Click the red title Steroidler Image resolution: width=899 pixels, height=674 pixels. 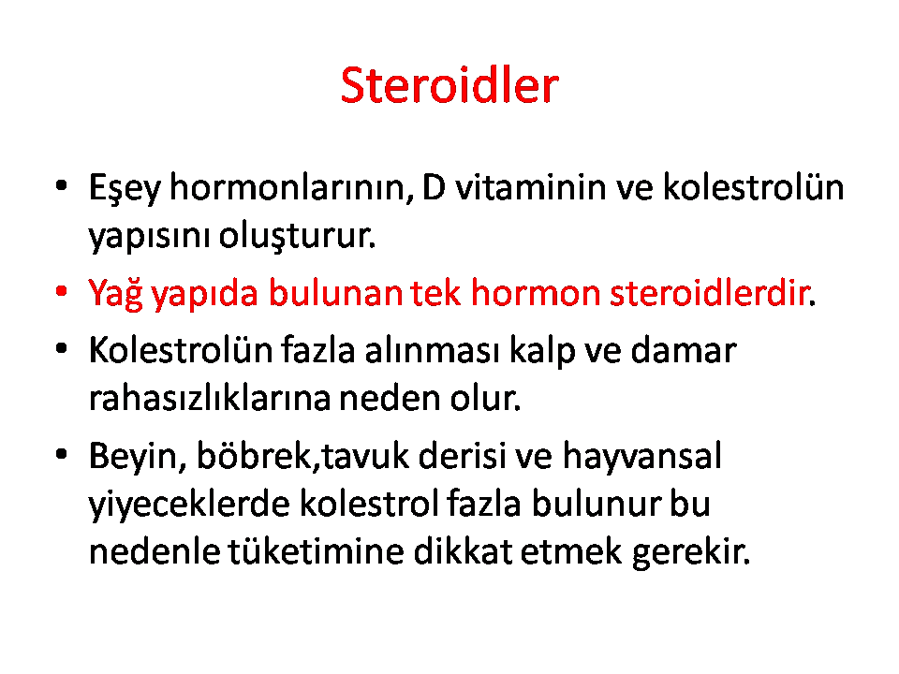pos(449,85)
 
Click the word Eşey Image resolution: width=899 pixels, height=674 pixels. pos(125,188)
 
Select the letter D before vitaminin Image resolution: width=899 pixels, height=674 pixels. pos(434,187)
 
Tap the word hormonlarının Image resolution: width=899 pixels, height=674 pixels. pos(292,187)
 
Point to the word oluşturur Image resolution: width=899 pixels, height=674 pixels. pos(297,235)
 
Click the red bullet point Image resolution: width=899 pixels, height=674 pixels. pos(62,292)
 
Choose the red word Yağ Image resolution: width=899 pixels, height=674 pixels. pos(115,294)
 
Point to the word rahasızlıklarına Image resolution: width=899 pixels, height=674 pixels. pos(209,398)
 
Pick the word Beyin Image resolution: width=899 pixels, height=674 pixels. pos(139,457)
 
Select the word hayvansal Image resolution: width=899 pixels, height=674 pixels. pos(641,457)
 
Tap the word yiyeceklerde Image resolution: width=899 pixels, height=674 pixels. pos(189,505)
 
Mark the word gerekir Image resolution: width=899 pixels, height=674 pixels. pos(691,553)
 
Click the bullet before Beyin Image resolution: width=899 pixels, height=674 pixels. pos(62,455)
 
